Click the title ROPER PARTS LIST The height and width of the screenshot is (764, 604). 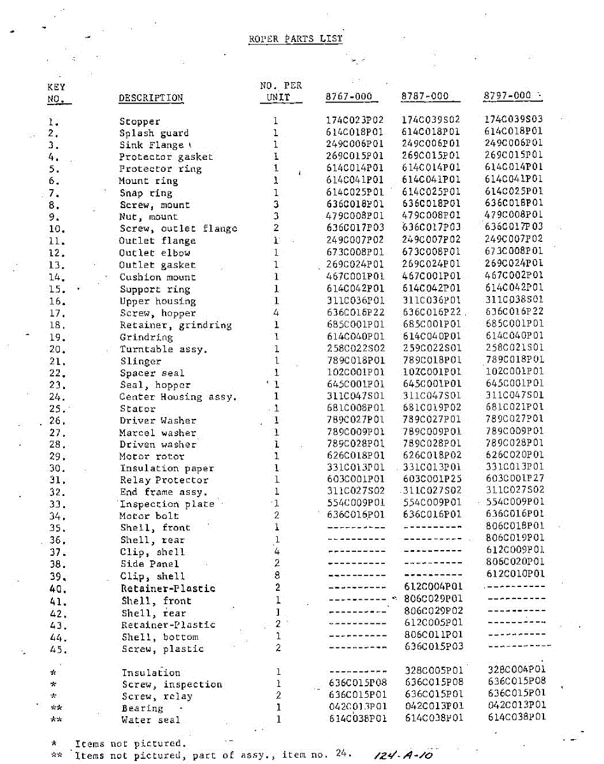296,39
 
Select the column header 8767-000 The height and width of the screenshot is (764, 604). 349,97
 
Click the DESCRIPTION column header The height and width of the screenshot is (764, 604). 151,98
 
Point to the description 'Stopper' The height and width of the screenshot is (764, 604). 140,122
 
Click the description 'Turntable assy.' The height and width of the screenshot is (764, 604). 155,349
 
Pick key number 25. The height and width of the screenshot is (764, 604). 57,409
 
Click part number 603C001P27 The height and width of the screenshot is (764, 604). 515,478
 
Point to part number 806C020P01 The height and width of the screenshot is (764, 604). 515,562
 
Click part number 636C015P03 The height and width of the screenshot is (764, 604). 434,647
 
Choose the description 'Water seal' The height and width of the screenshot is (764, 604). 151,720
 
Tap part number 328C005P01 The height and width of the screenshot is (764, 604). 434,670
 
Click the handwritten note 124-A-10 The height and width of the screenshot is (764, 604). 403,754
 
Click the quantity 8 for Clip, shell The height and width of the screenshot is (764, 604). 277,576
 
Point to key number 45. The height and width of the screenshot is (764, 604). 57,649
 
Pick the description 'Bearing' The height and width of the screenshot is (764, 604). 143,708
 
